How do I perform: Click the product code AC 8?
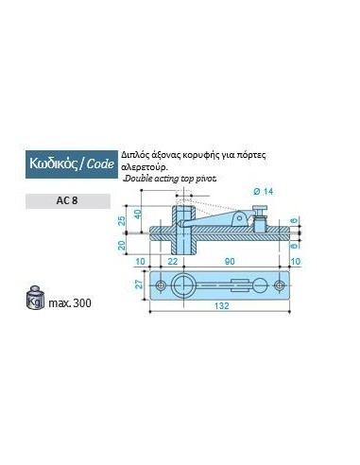(67, 200)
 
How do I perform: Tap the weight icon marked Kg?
(35, 298)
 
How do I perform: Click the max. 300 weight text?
(70, 302)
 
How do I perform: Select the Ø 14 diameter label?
(264, 192)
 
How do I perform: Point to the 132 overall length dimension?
(221, 305)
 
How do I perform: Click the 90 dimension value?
(230, 261)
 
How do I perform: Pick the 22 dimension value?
(173, 261)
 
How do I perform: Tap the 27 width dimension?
(139, 284)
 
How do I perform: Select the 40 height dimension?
(138, 215)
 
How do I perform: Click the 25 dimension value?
(122, 220)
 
